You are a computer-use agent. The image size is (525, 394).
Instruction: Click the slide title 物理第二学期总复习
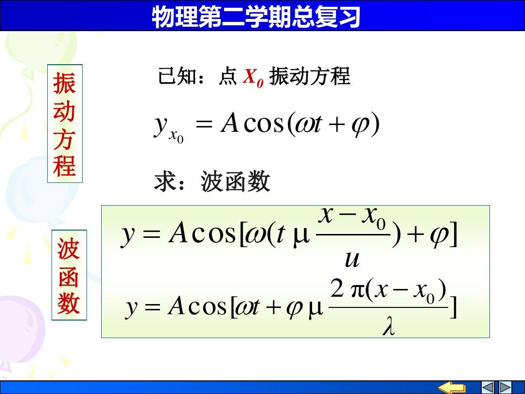click(x=256, y=17)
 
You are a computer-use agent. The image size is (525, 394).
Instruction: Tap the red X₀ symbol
click(x=253, y=77)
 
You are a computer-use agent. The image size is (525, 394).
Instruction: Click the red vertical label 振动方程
click(x=64, y=124)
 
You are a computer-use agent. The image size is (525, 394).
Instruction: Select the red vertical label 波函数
click(x=69, y=275)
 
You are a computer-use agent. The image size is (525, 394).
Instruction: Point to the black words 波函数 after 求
click(x=235, y=181)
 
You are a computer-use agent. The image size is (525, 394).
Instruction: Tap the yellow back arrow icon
click(x=452, y=387)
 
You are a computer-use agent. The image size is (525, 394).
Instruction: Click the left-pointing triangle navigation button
click(x=488, y=387)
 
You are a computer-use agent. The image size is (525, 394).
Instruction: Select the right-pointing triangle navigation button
click(x=505, y=387)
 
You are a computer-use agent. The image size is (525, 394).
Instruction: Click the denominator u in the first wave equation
click(x=352, y=259)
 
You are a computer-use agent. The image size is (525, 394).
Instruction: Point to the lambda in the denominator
click(x=388, y=326)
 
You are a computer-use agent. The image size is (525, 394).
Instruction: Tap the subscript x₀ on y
click(x=176, y=136)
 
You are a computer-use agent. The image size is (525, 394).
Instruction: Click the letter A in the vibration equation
click(x=229, y=123)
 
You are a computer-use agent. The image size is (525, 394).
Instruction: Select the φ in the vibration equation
click(x=360, y=125)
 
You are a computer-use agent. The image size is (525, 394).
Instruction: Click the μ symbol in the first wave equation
click(x=301, y=236)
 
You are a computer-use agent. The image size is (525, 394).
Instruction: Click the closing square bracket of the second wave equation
click(x=453, y=306)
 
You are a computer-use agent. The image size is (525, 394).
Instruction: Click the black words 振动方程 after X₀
click(x=310, y=76)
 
